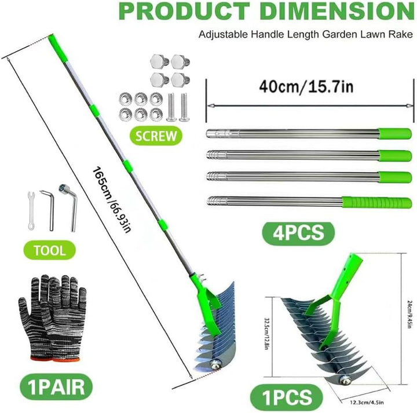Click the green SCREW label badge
[x=156, y=136]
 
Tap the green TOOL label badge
[x=50, y=250]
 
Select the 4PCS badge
[x=298, y=233]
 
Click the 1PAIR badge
[x=56, y=387]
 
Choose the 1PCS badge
[x=287, y=397]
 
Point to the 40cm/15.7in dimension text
[x=306, y=87]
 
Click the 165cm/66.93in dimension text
[x=111, y=199]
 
